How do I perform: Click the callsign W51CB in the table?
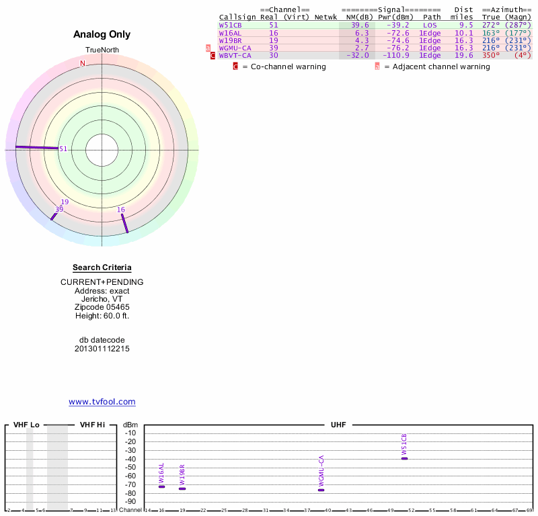click(230, 25)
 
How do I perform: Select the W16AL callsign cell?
click(230, 33)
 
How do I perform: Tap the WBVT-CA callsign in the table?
click(235, 56)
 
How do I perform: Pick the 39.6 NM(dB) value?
click(360, 25)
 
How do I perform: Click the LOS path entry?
click(430, 25)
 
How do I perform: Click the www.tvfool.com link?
click(102, 402)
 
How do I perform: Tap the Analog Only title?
click(102, 34)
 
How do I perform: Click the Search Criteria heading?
click(102, 267)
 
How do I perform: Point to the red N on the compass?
click(83, 64)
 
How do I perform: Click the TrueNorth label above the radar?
click(102, 50)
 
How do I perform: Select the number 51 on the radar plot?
click(63, 149)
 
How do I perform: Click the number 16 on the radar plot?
click(121, 210)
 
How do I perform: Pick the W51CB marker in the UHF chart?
click(404, 458)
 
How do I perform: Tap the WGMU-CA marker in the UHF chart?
click(321, 490)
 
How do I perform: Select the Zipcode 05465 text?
click(102, 307)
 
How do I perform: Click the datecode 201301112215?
click(102, 349)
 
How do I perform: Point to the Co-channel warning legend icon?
click(235, 67)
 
